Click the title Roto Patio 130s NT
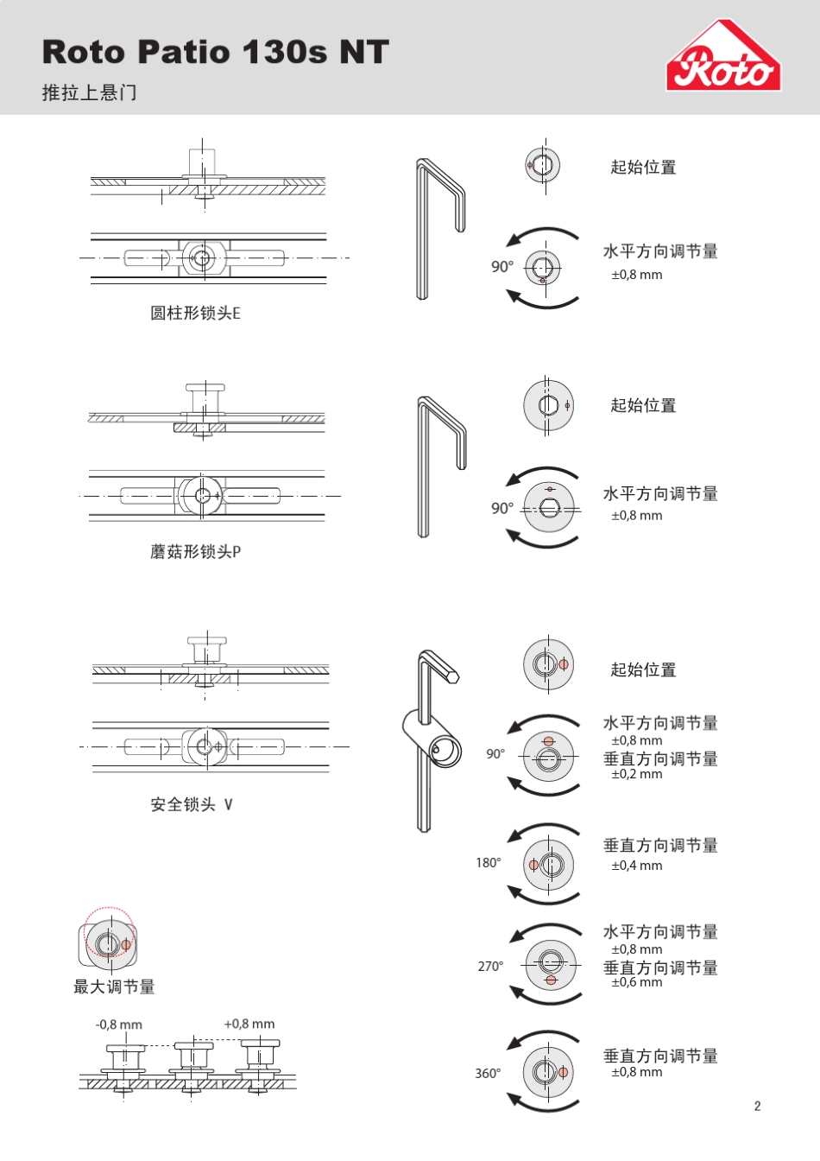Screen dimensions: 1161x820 click(x=215, y=52)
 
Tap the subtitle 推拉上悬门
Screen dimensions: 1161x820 click(x=89, y=92)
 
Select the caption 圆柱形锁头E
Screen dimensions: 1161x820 click(x=195, y=313)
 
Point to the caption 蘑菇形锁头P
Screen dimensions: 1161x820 click(x=195, y=551)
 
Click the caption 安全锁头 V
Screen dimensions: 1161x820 click(x=192, y=804)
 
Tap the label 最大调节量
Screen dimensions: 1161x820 click(x=114, y=987)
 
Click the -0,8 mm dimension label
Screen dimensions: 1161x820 click(x=118, y=1025)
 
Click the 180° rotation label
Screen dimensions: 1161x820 click(x=488, y=862)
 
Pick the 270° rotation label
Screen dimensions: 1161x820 click(x=490, y=966)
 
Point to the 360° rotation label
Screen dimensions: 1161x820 click(x=488, y=1073)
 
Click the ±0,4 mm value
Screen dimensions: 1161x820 click(x=637, y=866)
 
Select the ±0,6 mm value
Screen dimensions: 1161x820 click(x=637, y=982)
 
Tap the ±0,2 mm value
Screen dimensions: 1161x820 click(x=637, y=774)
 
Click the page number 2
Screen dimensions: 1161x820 click(x=757, y=1106)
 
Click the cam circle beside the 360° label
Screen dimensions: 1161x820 click(x=548, y=1072)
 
